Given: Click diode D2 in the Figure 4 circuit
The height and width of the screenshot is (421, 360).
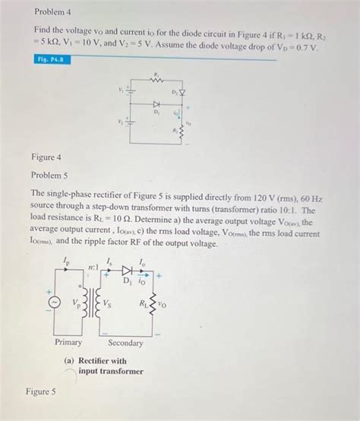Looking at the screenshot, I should (181, 93).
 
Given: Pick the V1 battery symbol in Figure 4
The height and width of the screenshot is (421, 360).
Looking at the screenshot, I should (130, 92).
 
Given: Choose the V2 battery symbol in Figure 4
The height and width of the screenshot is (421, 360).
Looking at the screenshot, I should (130, 119).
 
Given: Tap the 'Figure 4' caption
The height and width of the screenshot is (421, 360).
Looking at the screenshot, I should (46, 157).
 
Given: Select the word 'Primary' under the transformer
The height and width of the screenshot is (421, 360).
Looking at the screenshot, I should (70, 343).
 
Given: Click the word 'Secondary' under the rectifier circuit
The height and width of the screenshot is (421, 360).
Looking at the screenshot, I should (125, 343).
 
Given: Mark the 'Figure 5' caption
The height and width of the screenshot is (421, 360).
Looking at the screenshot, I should (40, 391).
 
